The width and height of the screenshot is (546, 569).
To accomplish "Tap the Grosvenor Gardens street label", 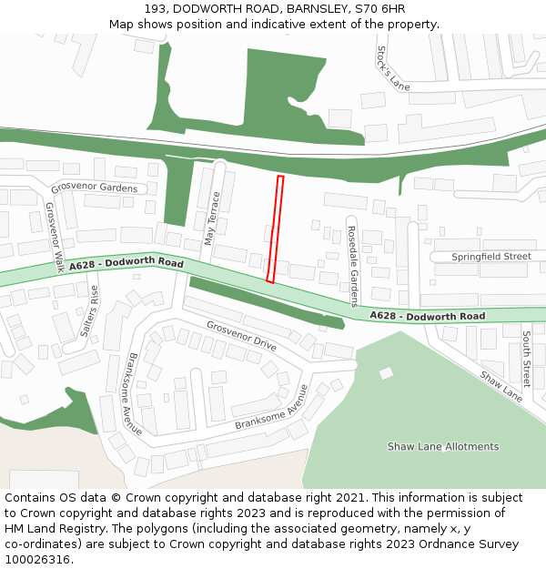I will pos(95,188).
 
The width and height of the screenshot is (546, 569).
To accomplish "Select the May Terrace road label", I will pos(212,219).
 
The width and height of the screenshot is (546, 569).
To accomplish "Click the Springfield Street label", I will pos(491,257).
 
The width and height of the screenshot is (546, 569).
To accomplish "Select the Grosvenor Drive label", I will pos(240,336).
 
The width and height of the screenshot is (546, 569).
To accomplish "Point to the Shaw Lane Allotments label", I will pos(443,447).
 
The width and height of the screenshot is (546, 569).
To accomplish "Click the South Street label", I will pos(526,360).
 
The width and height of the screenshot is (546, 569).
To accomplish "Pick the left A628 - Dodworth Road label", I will pos(126,264).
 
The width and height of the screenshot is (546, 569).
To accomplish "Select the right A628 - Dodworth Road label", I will pos(427,316).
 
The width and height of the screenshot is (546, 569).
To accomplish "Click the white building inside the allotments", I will pos(386,372).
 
